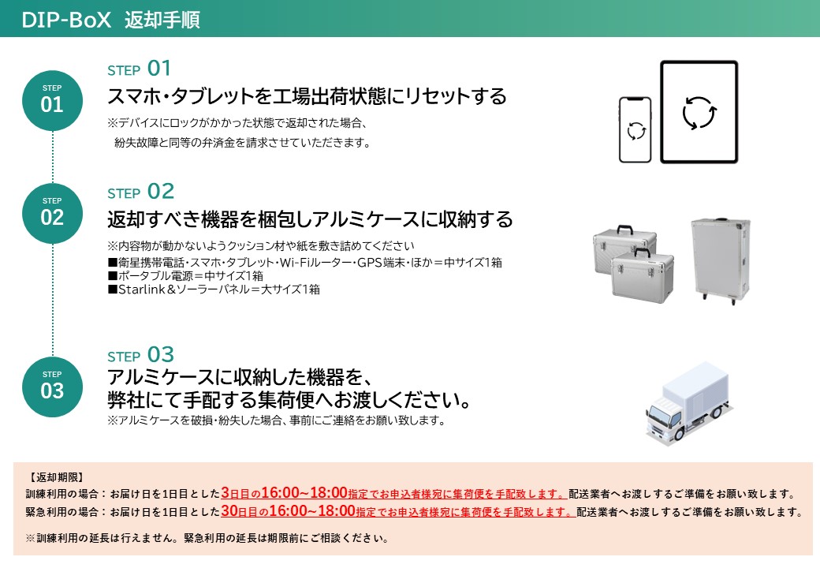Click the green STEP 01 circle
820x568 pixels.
(x=52, y=99)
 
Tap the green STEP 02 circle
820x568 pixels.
(x=52, y=213)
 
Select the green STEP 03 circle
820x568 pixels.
(x=52, y=387)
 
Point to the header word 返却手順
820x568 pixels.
(x=162, y=20)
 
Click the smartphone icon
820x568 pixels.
(x=635, y=130)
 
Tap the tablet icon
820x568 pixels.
(x=699, y=113)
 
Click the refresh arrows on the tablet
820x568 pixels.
(x=699, y=113)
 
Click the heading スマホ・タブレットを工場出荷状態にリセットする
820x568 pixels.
(x=307, y=96)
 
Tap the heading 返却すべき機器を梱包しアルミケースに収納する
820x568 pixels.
(x=310, y=219)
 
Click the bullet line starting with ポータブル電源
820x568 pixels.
(x=185, y=275)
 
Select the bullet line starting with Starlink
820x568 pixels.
(x=214, y=290)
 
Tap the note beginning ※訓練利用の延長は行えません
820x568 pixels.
(x=207, y=540)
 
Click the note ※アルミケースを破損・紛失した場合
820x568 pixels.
(x=276, y=420)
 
